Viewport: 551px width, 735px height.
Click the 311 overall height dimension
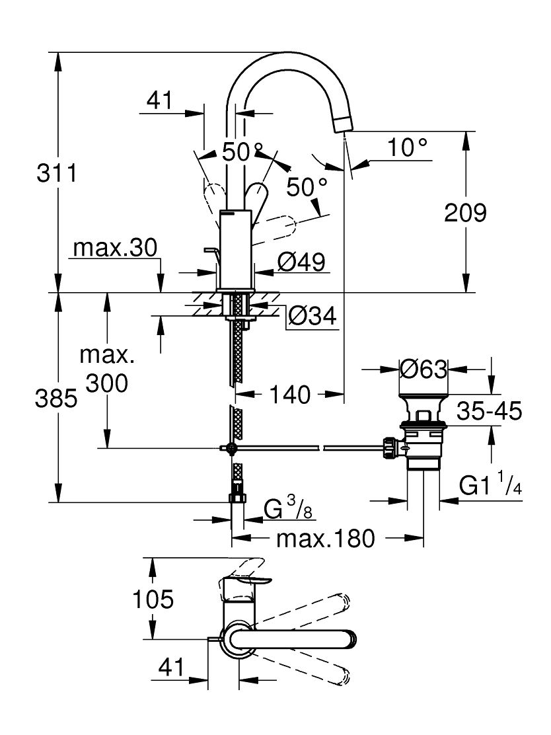pyautogui.click(x=57, y=173)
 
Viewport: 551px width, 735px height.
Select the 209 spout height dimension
pyautogui.click(x=465, y=213)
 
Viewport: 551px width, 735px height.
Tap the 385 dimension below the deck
pyautogui.click(x=56, y=399)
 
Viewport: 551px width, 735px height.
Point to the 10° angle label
pyautogui.click(x=407, y=147)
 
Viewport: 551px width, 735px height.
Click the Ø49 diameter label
pyautogui.click(x=301, y=262)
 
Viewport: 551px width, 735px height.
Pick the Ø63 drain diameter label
pyautogui.click(x=423, y=369)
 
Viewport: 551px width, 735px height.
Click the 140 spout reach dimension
pyautogui.click(x=290, y=395)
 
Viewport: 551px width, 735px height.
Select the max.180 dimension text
pyautogui.click(x=326, y=539)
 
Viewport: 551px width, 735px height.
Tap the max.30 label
pyautogui.click(x=115, y=247)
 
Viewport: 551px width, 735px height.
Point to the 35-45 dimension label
pyautogui.click(x=489, y=411)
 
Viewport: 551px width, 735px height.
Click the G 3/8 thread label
pyautogui.click(x=288, y=508)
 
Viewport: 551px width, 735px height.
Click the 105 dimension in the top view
pyautogui.click(x=153, y=599)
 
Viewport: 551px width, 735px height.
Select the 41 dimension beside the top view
pyautogui.click(x=172, y=667)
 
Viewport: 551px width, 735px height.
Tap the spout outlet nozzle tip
pyautogui.click(x=344, y=125)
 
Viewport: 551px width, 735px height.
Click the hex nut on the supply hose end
pyautogui.click(x=238, y=498)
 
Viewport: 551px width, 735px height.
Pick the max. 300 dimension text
pyautogui.click(x=107, y=369)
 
